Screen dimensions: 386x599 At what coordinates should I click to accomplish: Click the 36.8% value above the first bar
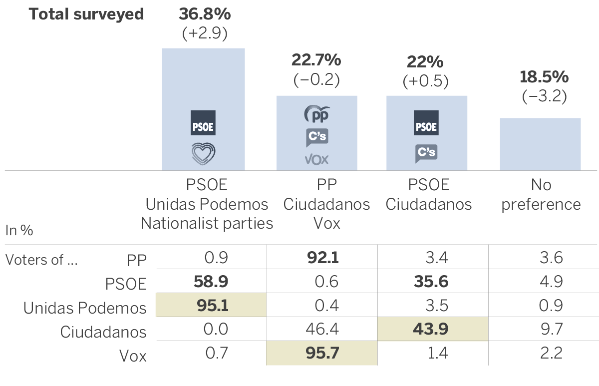coord(205,14)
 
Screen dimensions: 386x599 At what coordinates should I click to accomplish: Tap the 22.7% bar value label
coord(316,61)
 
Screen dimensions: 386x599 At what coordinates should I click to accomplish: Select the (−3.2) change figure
coord(544,96)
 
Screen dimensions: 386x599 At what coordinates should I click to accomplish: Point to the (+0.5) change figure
coord(426,81)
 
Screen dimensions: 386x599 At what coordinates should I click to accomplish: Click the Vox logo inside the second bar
coord(316,159)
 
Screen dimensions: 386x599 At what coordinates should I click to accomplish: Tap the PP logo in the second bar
coord(316,114)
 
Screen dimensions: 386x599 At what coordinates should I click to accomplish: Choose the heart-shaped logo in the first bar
coord(203,153)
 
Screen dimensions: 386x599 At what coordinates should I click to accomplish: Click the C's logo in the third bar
coord(426,152)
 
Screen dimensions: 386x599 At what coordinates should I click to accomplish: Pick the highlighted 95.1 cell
coord(211,306)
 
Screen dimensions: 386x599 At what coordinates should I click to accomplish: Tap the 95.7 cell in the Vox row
coord(321,354)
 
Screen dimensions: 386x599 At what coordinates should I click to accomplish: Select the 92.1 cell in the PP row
coord(321,258)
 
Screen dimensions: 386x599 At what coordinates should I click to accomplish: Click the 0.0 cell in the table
coord(216,330)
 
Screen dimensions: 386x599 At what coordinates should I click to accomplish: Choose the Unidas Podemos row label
coord(85,308)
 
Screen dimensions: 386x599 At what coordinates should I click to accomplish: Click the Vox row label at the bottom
coord(133,356)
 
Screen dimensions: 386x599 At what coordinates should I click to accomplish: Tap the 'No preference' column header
coord(541,195)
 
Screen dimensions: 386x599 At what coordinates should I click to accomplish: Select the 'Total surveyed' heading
coord(86,14)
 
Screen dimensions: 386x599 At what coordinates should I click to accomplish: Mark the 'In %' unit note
coord(19,230)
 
